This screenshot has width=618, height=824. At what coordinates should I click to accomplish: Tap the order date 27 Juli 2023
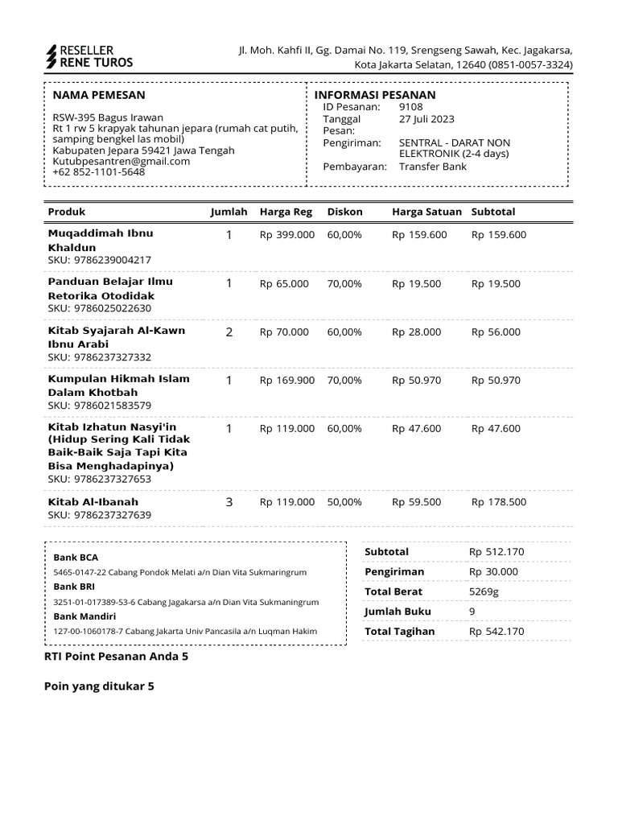click(426, 119)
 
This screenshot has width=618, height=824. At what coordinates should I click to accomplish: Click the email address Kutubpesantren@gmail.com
click(122, 161)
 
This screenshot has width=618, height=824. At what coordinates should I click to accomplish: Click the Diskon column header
click(345, 212)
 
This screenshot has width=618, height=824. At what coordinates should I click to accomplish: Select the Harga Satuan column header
click(426, 212)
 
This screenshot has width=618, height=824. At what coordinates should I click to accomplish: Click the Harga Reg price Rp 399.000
click(287, 235)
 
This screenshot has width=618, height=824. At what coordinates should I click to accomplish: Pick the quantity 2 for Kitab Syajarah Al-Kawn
click(229, 332)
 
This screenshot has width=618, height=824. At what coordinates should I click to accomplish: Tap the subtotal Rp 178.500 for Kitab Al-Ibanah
click(499, 502)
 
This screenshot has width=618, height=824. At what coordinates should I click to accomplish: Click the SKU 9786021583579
click(100, 406)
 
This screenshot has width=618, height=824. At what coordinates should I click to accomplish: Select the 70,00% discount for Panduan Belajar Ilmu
click(344, 284)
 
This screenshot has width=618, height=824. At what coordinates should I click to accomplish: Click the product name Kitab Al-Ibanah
click(93, 502)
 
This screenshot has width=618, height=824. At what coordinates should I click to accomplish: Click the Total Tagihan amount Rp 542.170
click(496, 632)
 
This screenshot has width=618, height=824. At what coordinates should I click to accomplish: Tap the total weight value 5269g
click(484, 591)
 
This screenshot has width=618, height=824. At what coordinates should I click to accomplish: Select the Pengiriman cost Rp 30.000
click(494, 571)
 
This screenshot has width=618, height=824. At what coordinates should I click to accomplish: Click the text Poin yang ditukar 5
click(98, 686)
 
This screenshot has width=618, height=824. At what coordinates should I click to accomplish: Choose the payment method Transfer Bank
click(433, 167)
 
